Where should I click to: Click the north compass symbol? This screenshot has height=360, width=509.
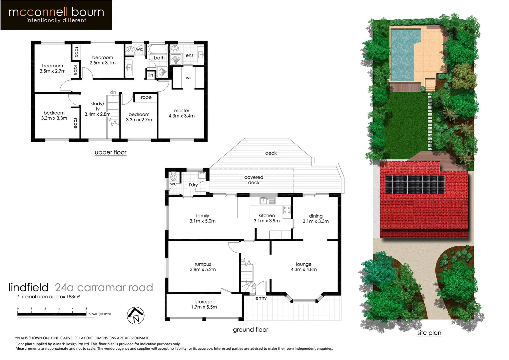(x=136, y=315)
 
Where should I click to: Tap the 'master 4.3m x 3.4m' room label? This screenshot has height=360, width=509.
(x=182, y=113)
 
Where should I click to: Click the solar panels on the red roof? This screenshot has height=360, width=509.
(x=415, y=184)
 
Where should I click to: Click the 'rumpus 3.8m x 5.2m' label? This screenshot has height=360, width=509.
(x=203, y=267)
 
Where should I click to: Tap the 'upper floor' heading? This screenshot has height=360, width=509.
(x=111, y=152)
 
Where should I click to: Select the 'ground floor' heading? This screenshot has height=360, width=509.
(x=251, y=330)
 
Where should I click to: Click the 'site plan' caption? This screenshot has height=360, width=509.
(x=429, y=333)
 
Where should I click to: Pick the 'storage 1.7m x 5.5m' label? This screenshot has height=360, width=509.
(x=204, y=304)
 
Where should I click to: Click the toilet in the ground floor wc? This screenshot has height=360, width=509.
(x=173, y=176)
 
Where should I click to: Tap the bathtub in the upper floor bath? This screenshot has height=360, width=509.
(x=157, y=50)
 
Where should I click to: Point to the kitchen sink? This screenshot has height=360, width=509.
(x=267, y=200)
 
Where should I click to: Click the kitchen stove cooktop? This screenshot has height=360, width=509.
(x=286, y=210)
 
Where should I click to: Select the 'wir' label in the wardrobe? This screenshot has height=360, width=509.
(x=189, y=78)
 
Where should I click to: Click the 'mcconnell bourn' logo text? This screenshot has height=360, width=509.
(x=56, y=12)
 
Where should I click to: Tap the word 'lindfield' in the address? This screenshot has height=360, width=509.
(x=29, y=287)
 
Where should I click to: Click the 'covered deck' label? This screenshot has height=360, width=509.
(x=254, y=180)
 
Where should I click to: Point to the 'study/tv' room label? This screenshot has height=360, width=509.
(x=97, y=109)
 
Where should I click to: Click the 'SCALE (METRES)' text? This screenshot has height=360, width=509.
(x=100, y=314)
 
